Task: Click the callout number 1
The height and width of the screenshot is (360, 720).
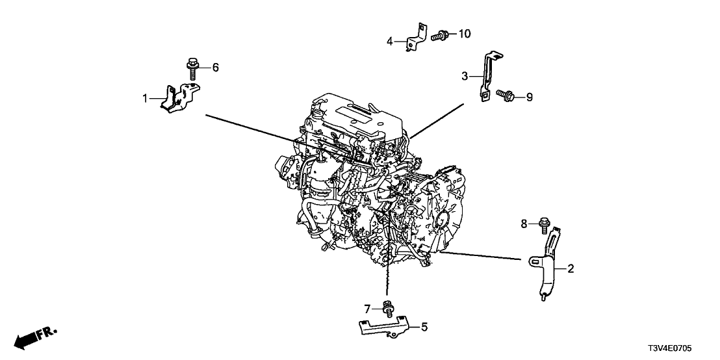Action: (x=146, y=99)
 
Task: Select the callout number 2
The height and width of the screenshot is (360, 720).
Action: (x=571, y=268)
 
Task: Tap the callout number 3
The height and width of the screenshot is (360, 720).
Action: (x=465, y=77)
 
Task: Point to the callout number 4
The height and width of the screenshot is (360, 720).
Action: (x=390, y=42)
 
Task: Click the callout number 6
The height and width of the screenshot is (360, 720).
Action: (x=216, y=67)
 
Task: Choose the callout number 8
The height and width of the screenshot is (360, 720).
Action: (x=524, y=224)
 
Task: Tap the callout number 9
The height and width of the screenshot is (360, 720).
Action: (x=529, y=97)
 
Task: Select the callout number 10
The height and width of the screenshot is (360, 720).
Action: (x=466, y=33)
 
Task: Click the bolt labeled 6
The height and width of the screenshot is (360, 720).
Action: (x=192, y=68)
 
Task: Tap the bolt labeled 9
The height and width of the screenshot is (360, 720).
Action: (x=505, y=96)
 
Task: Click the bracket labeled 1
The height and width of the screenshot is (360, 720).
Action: (x=179, y=97)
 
